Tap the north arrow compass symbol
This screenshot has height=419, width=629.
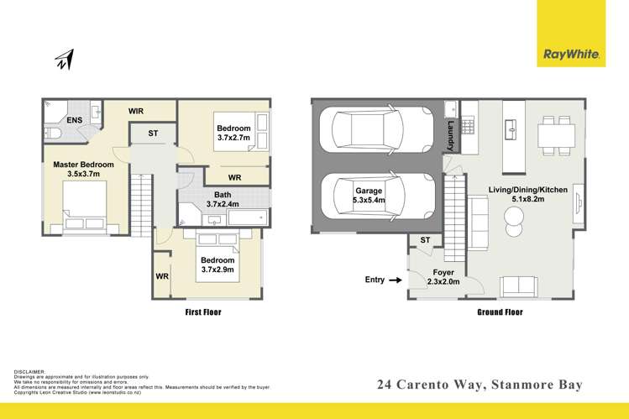[65, 60]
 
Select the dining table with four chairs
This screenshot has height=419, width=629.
[552, 131]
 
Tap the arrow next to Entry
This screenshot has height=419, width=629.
[396, 280]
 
